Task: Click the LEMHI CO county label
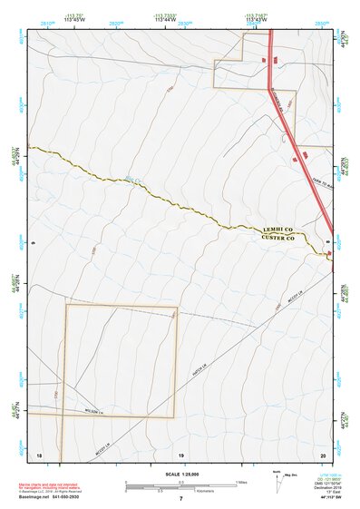tap(279, 230)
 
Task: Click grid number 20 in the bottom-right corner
tap(323, 453)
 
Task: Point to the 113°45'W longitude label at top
tap(77, 21)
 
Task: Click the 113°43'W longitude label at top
tap(257, 21)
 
